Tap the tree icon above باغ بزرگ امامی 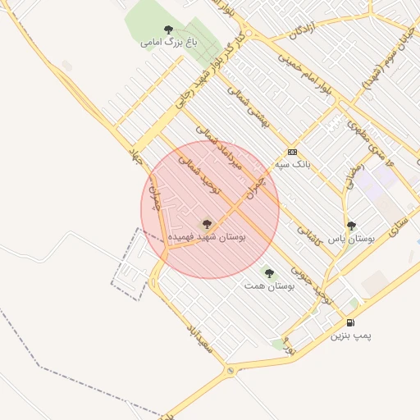tap(169, 30)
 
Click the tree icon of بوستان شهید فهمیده tap(206, 223)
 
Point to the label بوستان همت tap(269, 286)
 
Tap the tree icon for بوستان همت tap(268, 273)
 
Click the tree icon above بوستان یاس tap(351, 226)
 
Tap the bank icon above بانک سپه tap(292, 153)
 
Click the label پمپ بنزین tap(351, 336)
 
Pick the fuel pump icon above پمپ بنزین tap(351, 323)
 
